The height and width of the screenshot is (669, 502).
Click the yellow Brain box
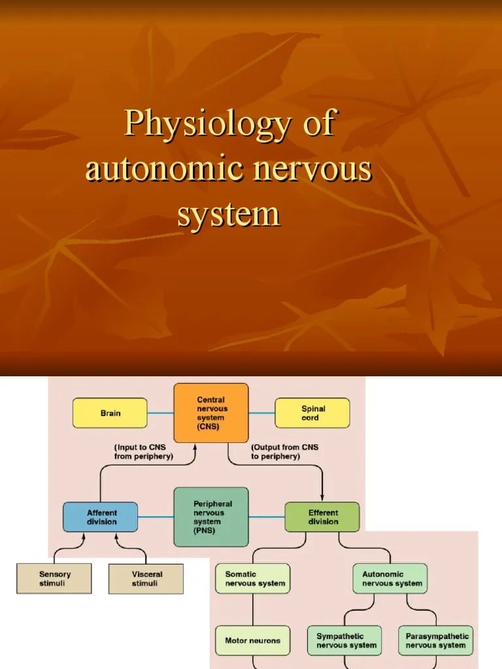click(x=110, y=413)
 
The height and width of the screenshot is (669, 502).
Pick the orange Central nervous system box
click(x=211, y=413)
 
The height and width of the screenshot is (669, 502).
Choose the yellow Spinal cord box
click(x=312, y=413)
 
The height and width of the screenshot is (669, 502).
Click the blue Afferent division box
click(x=100, y=517)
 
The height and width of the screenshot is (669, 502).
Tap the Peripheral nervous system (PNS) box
click(x=211, y=517)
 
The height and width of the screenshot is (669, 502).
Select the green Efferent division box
click(x=322, y=517)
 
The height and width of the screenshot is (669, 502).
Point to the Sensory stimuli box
click(x=54, y=579)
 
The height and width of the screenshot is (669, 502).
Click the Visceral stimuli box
click(x=146, y=579)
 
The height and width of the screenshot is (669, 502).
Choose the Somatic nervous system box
click(x=253, y=579)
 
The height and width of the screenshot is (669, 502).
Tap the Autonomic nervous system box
click(x=390, y=579)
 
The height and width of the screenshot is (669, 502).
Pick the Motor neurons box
click(x=253, y=640)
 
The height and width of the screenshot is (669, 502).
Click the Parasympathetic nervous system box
click(x=436, y=640)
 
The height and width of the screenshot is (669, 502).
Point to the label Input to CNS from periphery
click(x=143, y=452)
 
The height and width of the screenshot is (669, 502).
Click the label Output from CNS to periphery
click(x=285, y=452)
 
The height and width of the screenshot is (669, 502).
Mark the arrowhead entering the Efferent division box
click(x=322, y=498)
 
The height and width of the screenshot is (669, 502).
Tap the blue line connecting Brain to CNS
click(x=161, y=413)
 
